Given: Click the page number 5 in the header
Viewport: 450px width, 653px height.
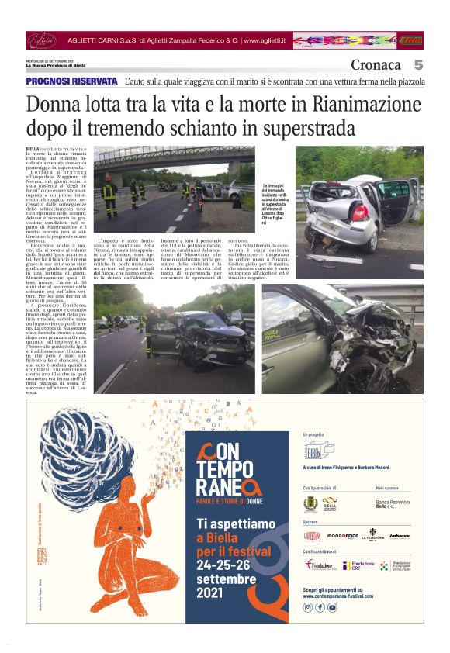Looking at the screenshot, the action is [417, 65].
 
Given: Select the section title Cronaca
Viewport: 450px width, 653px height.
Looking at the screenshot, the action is [376, 65].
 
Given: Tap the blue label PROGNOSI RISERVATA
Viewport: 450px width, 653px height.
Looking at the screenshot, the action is [71, 81].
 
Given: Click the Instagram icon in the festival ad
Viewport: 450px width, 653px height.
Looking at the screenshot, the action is [308, 607].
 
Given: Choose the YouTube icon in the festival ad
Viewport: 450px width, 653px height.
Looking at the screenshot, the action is [332, 607].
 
